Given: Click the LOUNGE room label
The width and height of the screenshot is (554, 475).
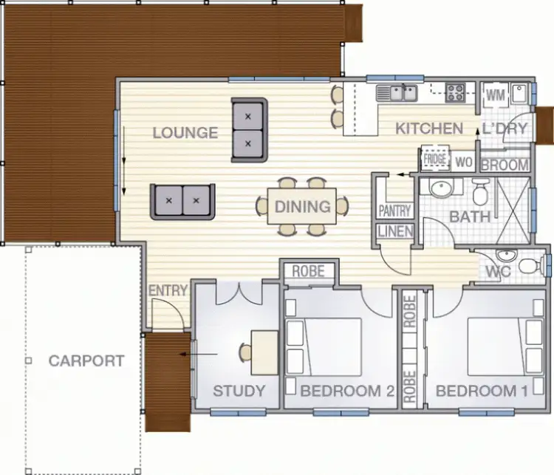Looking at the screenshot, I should pyautogui.click(x=185, y=133).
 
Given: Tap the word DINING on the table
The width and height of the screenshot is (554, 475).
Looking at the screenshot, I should pyautogui.click(x=302, y=207).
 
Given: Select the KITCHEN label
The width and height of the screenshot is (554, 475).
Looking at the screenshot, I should pyautogui.click(x=429, y=129).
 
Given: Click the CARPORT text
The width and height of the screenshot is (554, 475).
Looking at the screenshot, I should pyautogui.click(x=86, y=361).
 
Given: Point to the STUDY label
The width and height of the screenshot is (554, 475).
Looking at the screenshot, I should pyautogui.click(x=239, y=391).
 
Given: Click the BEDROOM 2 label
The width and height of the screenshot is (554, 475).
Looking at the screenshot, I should pyautogui.click(x=347, y=391).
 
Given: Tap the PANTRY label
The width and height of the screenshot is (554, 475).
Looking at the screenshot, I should pyautogui.click(x=394, y=211).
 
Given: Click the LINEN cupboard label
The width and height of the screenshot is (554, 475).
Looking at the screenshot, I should pyautogui.click(x=395, y=231).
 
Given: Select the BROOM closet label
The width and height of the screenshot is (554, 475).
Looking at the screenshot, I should pyautogui.click(x=505, y=165).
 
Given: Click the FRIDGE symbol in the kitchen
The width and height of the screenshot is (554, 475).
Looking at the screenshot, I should pyautogui.click(x=434, y=159).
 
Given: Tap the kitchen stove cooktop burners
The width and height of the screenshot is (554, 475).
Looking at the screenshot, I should pyautogui.click(x=456, y=92).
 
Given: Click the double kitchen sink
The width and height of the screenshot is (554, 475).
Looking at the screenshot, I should pyautogui.click(x=397, y=93).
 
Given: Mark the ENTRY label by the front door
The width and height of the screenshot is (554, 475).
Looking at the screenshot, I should pyautogui.click(x=168, y=291).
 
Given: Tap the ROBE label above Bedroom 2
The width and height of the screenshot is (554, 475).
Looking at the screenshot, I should pyautogui.click(x=308, y=271).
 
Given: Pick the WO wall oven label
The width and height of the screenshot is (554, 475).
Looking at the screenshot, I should pyautogui.click(x=464, y=162).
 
